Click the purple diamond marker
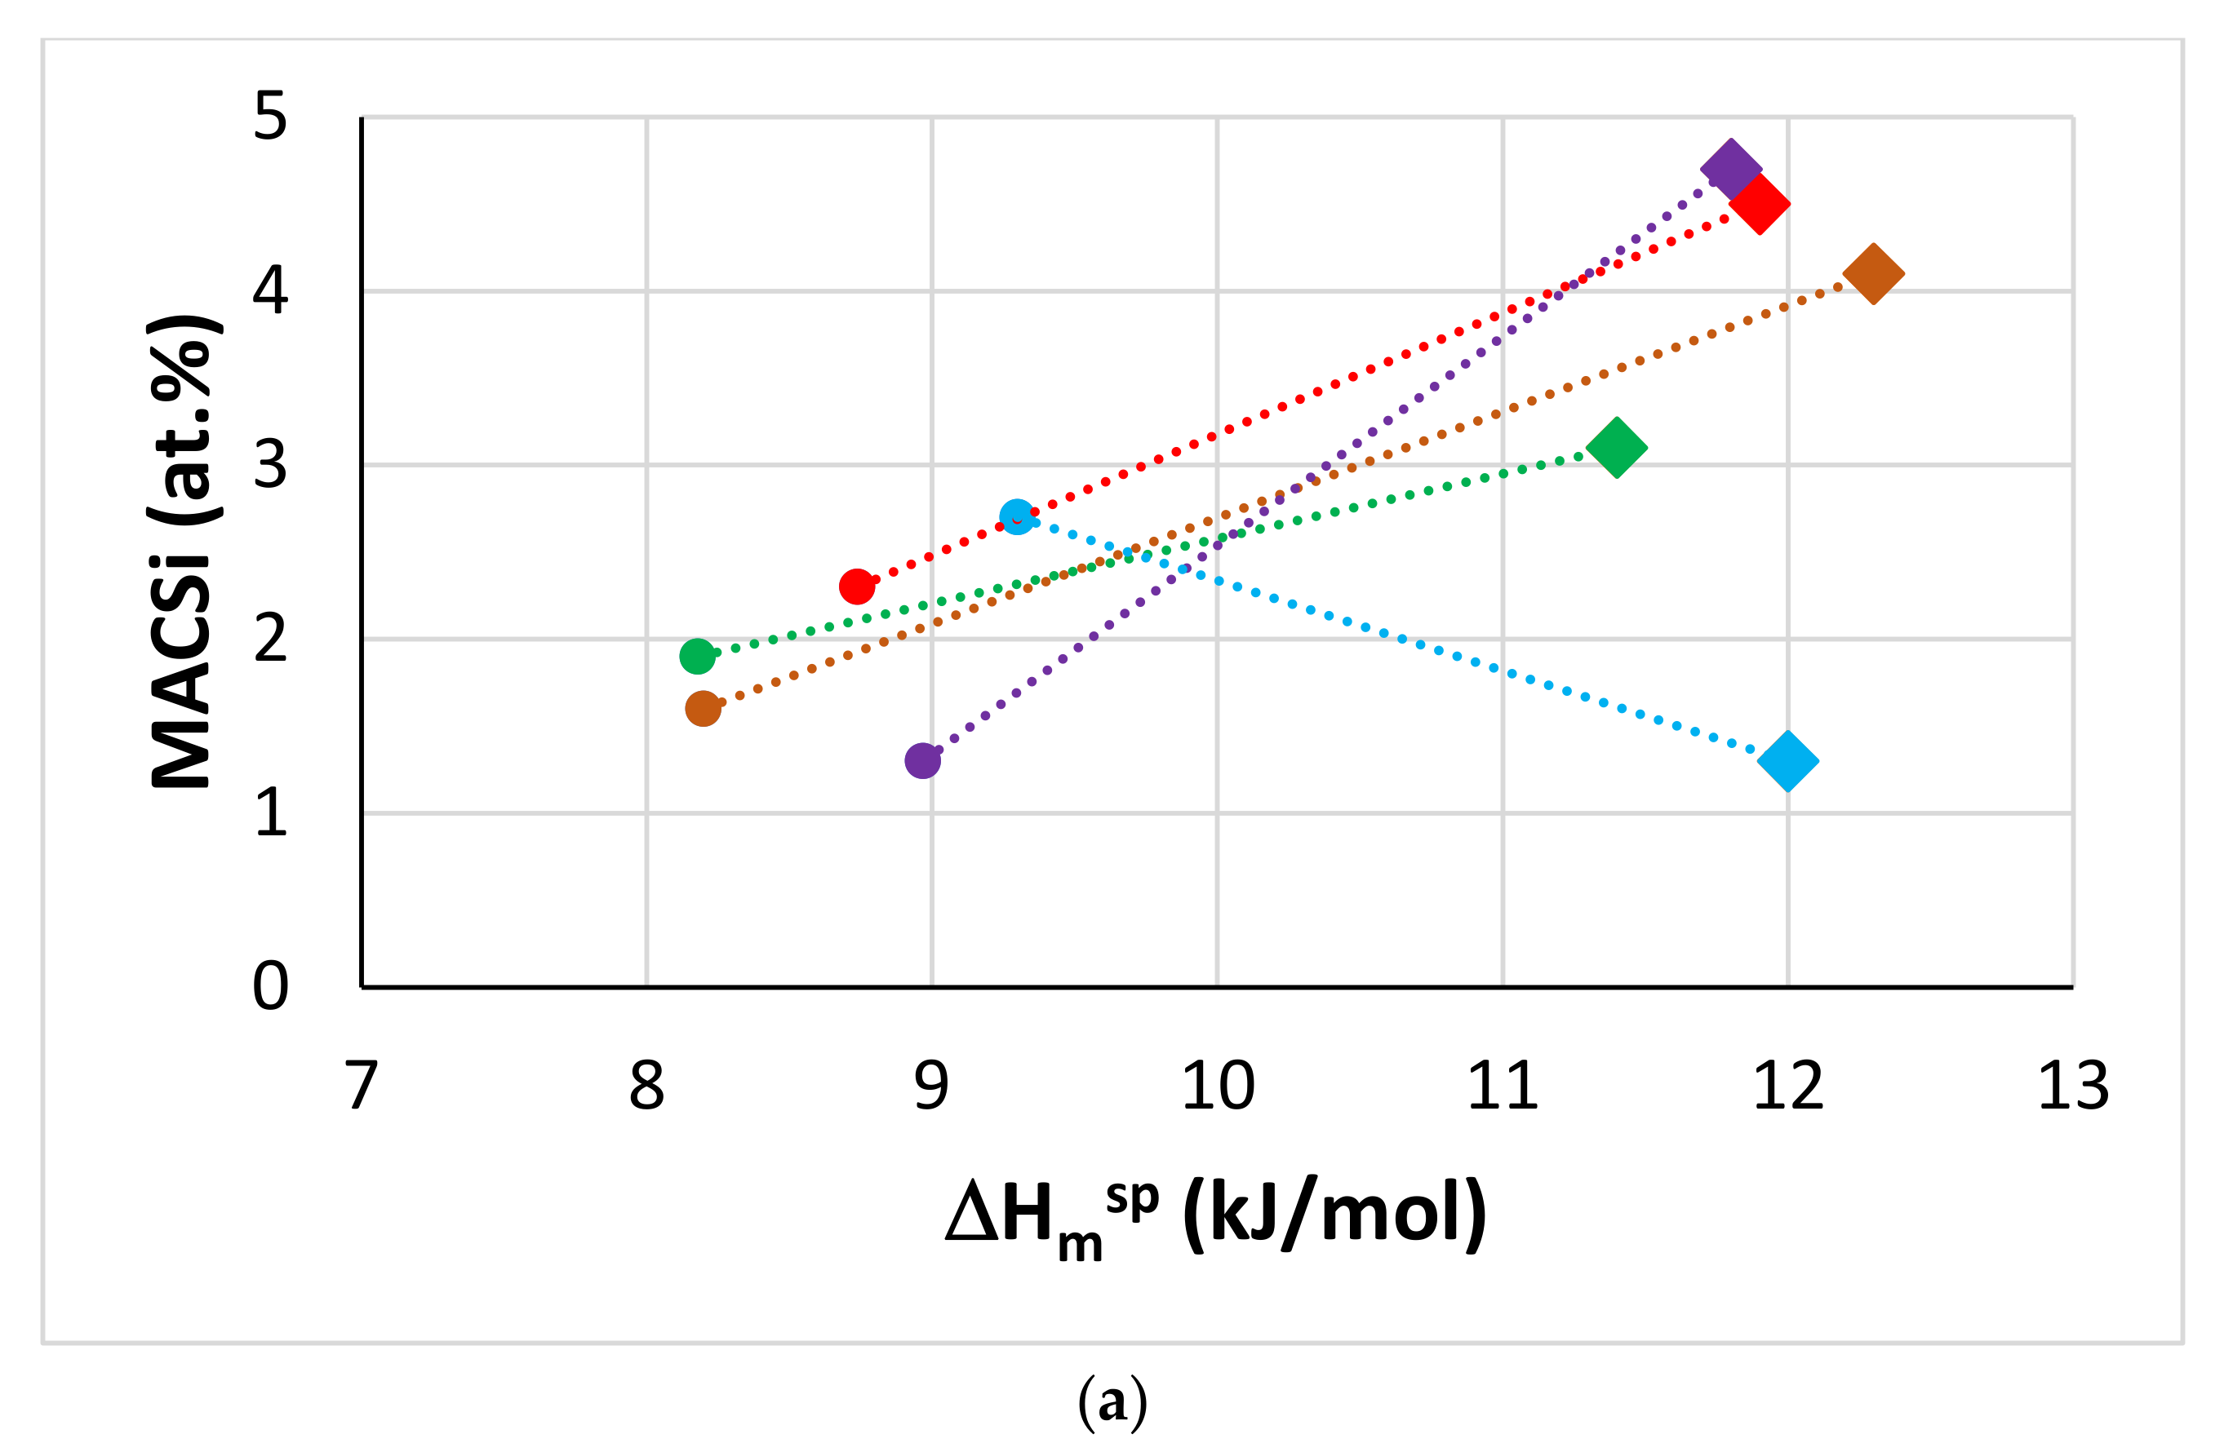[1731, 170]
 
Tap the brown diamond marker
[1874, 274]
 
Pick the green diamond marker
[1617, 447]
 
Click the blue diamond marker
[1788, 761]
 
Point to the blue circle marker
[1017, 517]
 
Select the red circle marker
[857, 587]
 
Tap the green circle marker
[697, 656]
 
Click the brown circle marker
[703, 708]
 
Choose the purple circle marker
[922, 759]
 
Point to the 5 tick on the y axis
[270, 118]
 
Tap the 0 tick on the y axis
[270, 987]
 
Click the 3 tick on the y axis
[270, 465]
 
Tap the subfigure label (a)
[1112, 1401]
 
